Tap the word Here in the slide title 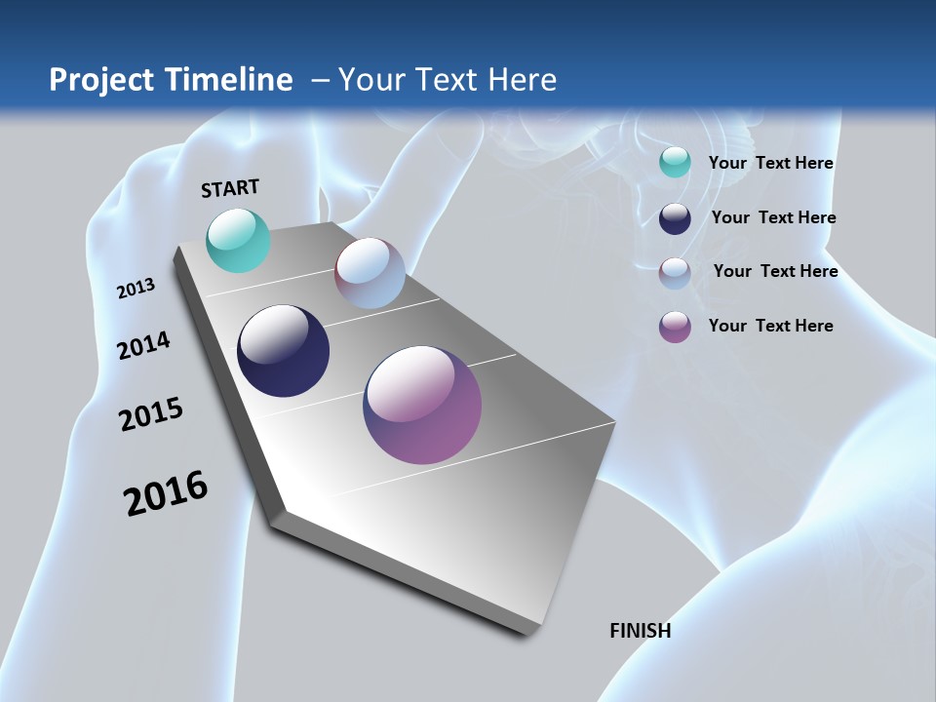click(522, 80)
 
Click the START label click(230, 188)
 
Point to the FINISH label click(640, 631)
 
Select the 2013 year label click(136, 289)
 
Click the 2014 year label click(144, 346)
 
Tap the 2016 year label click(166, 493)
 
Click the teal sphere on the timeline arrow click(238, 240)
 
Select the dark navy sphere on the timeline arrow click(283, 351)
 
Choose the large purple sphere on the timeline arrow click(422, 405)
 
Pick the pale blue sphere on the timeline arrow click(370, 273)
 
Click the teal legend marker click(675, 163)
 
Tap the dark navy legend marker click(675, 218)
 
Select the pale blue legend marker click(675, 273)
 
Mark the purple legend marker click(675, 327)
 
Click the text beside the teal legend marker click(770, 164)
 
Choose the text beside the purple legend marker click(770, 326)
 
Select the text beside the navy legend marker click(773, 217)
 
